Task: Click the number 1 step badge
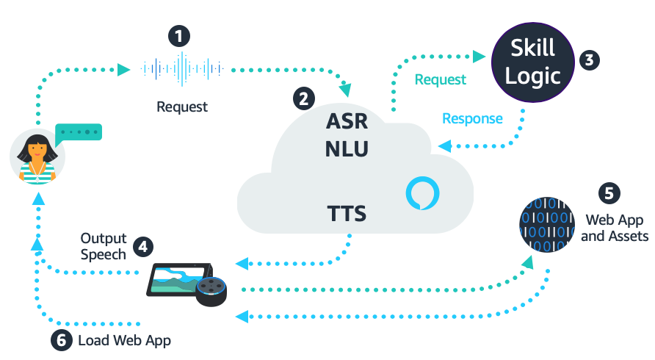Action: [179, 36]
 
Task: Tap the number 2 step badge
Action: [304, 98]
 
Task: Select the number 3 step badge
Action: [587, 60]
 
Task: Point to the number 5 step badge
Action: [608, 193]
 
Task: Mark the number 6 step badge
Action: [61, 341]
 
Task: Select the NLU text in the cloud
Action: [347, 149]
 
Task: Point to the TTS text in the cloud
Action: [347, 215]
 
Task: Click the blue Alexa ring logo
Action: [424, 194]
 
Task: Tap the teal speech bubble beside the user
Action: [78, 133]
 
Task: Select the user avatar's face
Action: [37, 152]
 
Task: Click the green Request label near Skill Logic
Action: [440, 79]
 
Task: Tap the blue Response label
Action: [472, 118]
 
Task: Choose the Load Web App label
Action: [124, 341]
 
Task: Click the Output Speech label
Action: [104, 246]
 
